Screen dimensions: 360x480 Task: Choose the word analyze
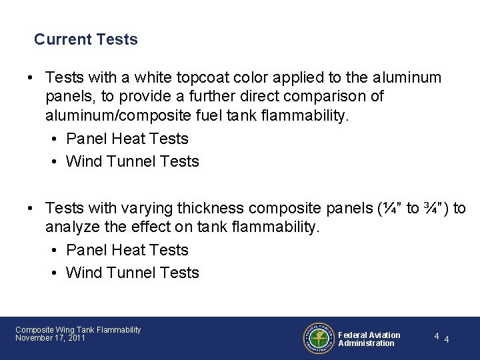coord(72,227)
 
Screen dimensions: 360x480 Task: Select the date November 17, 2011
coord(50,338)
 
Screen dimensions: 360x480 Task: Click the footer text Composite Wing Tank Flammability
coord(78,330)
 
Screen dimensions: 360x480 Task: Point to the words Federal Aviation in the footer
coord(369,335)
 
